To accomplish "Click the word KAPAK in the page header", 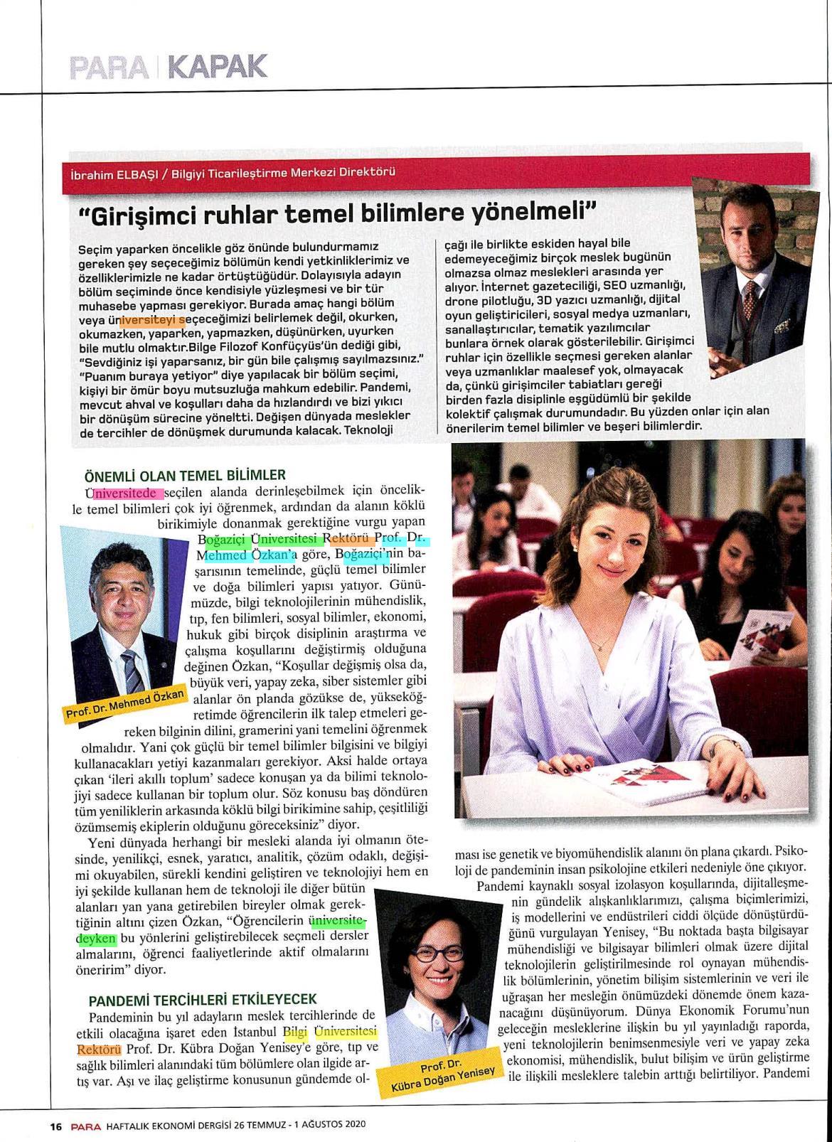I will click(x=218, y=66).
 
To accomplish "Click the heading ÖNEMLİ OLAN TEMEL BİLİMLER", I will click(x=185, y=474).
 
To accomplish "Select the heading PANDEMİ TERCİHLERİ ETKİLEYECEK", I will click(x=203, y=999).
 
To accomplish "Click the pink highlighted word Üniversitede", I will click(x=125, y=492).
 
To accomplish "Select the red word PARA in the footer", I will click(x=85, y=1126).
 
